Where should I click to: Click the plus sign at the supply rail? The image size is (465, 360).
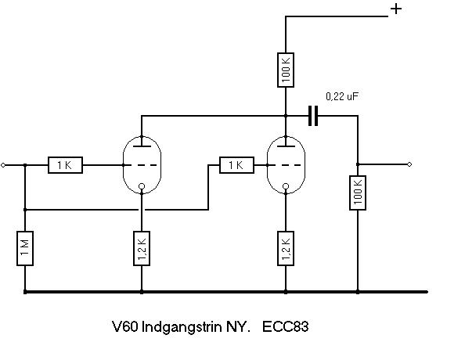point(396,9)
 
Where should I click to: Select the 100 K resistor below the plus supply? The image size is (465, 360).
point(286,70)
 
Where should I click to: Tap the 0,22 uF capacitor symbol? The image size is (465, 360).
point(313,115)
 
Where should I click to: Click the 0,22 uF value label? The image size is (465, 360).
point(342,96)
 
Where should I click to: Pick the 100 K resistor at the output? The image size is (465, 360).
point(358,193)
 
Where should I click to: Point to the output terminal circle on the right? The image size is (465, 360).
point(409,164)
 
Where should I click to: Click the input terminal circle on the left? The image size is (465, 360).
point(3,165)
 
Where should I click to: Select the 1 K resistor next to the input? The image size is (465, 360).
point(65,165)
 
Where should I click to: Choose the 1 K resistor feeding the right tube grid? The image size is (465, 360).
point(236,165)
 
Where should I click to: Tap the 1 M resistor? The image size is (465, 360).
point(25,248)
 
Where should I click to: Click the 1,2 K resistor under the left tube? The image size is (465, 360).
point(142,248)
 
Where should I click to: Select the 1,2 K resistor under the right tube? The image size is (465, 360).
point(286,248)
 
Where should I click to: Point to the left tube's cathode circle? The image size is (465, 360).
point(142,186)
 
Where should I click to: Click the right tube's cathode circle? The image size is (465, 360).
point(286,186)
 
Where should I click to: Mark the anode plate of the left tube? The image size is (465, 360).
point(142,146)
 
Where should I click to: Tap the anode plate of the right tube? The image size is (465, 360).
point(286,146)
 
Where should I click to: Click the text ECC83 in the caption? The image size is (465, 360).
point(285,326)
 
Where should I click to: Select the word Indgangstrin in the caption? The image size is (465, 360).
point(182,327)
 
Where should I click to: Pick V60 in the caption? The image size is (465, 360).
point(124,326)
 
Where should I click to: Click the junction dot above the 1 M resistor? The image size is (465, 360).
point(25,210)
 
